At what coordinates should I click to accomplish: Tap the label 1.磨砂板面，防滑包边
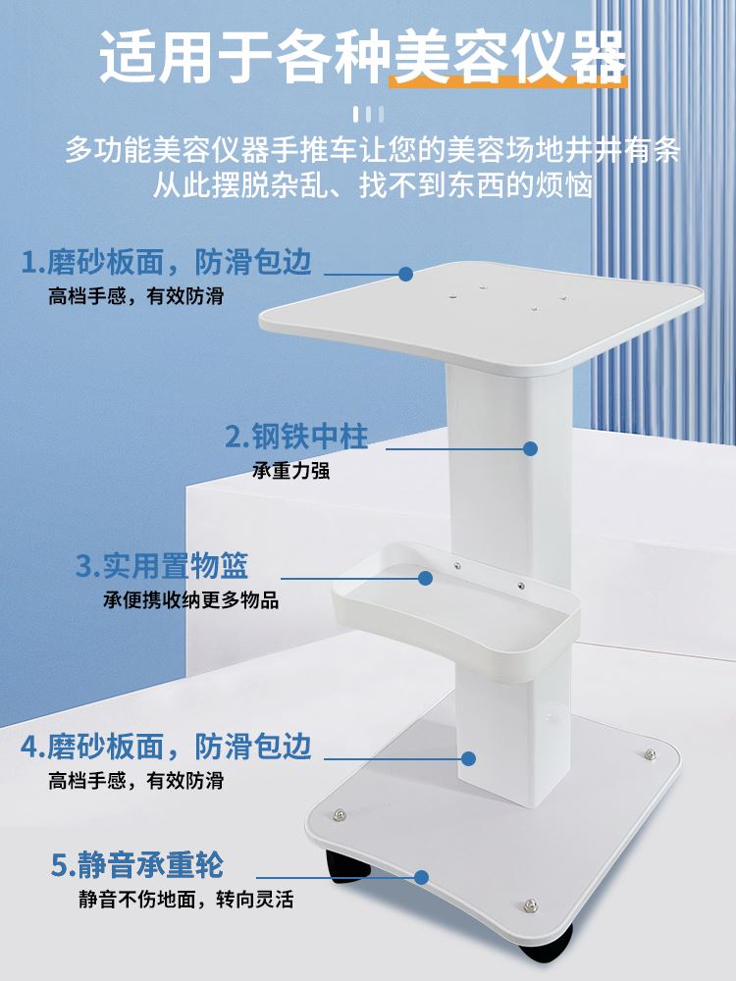tap(166, 262)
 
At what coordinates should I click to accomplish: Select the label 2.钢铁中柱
tap(296, 437)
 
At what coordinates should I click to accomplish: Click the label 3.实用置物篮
tap(162, 566)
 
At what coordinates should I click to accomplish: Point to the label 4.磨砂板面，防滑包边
tap(166, 747)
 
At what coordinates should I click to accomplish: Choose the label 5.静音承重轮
tap(137, 865)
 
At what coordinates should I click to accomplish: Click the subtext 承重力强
tap(290, 471)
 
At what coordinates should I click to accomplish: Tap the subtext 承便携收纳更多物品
tap(191, 600)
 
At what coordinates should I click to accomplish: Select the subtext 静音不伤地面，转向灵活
tap(186, 899)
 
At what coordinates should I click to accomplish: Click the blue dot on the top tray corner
tap(405, 273)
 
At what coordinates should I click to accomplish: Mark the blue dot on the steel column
tap(531, 448)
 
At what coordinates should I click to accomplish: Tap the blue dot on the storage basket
tap(425, 578)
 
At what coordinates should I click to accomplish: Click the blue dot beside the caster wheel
tap(422, 877)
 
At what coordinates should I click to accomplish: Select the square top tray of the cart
tap(481, 314)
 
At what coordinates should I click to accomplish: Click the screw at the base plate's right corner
tap(650, 754)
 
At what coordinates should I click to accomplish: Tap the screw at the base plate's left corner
tap(339, 813)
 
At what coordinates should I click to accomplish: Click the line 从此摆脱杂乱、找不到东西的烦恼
tap(372, 184)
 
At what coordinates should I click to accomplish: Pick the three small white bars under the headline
tap(368, 113)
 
